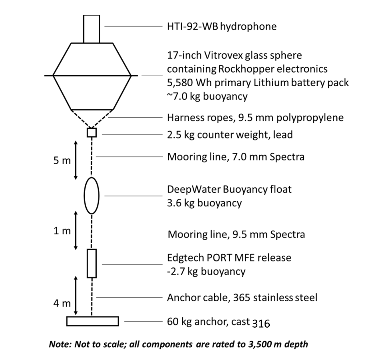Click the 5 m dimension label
62,160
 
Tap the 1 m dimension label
62,231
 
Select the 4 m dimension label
62,303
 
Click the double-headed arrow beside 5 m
76,160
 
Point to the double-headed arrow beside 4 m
76,296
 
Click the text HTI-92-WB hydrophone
222,26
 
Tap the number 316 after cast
261,324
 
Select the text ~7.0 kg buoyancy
207,97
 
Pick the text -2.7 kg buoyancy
206,271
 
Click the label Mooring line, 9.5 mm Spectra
237,234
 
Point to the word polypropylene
310,118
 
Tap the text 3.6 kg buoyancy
205,203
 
